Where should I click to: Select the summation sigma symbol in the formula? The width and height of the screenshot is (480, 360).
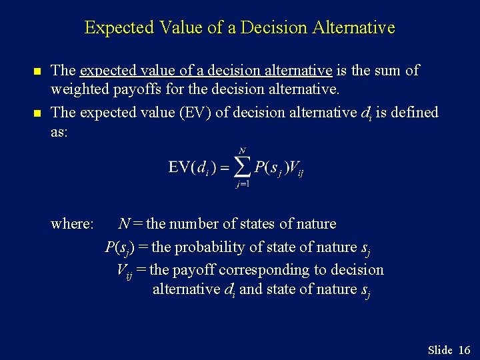click(241, 167)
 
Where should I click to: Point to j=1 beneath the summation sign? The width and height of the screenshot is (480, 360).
click(242, 185)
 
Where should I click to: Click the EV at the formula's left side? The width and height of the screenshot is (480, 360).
click(180, 167)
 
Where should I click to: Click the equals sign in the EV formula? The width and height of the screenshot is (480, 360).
click(225, 167)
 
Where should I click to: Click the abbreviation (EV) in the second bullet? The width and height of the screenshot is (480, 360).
click(192, 112)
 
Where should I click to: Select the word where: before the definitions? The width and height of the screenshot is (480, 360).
click(72, 224)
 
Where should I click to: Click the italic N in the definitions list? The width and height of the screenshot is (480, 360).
click(124, 224)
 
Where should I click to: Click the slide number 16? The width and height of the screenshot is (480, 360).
click(465, 350)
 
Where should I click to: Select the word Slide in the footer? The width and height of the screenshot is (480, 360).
click(440, 350)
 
